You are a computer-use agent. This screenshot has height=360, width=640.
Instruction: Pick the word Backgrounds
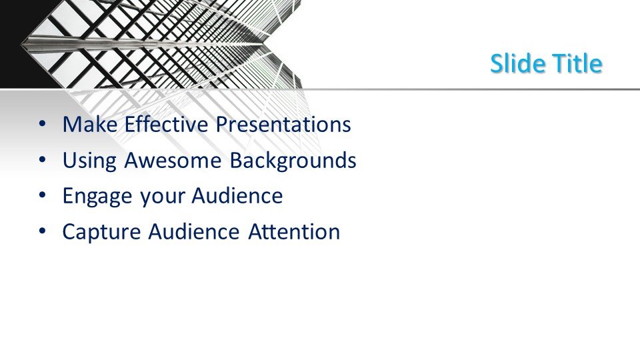[x=293, y=161]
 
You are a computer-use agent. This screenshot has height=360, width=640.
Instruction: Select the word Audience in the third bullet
[x=237, y=197]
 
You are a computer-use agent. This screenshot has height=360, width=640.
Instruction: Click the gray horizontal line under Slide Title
[x=467, y=89]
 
